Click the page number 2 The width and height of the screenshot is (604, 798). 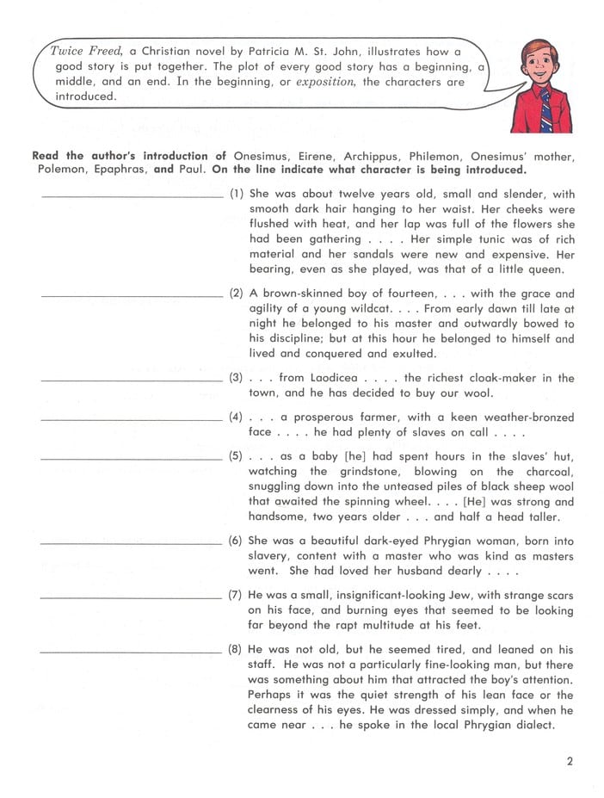tap(570, 760)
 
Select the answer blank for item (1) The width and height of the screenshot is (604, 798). tap(132, 196)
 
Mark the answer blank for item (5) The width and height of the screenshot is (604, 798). tap(132, 458)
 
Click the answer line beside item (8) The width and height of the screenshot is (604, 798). tap(132, 652)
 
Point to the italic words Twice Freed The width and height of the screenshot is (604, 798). tap(84, 52)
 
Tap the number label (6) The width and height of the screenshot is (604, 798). tap(237, 541)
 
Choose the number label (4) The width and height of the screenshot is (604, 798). tap(237, 417)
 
